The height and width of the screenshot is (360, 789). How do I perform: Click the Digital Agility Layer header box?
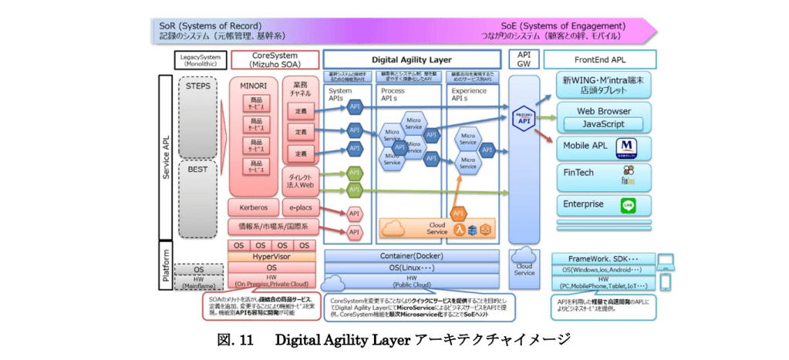coord(412,59)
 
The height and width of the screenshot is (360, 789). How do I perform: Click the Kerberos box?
coord(253,207)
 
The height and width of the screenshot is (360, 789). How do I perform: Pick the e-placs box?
coord(298,207)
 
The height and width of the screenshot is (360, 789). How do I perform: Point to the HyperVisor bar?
coord(271,256)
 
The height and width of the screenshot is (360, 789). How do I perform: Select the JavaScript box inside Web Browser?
coord(603,123)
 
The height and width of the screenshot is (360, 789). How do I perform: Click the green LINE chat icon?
coord(630,206)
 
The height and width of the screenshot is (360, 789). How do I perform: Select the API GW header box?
coord(524,59)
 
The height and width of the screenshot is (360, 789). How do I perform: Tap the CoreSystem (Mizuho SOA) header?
coord(274,59)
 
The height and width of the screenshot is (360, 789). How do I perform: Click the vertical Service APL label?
coord(167,154)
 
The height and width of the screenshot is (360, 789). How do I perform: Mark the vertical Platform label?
coord(167,264)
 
